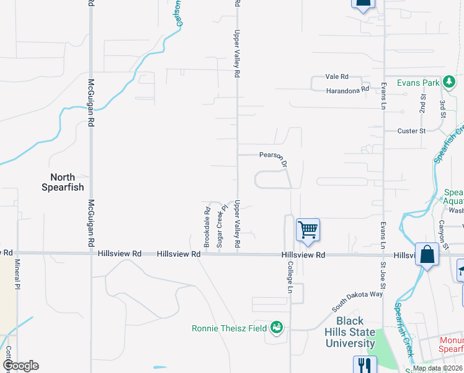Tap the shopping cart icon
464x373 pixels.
pos(308,230)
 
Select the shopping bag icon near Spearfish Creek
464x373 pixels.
pos(427,254)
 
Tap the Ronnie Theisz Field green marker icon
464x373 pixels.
pos(277,328)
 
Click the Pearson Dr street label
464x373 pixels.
pos(274,157)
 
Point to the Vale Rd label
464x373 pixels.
pos(337,76)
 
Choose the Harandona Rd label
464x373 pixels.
pos(347,90)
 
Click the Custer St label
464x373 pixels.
pos(411,131)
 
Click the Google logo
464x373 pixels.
pos(20,366)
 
